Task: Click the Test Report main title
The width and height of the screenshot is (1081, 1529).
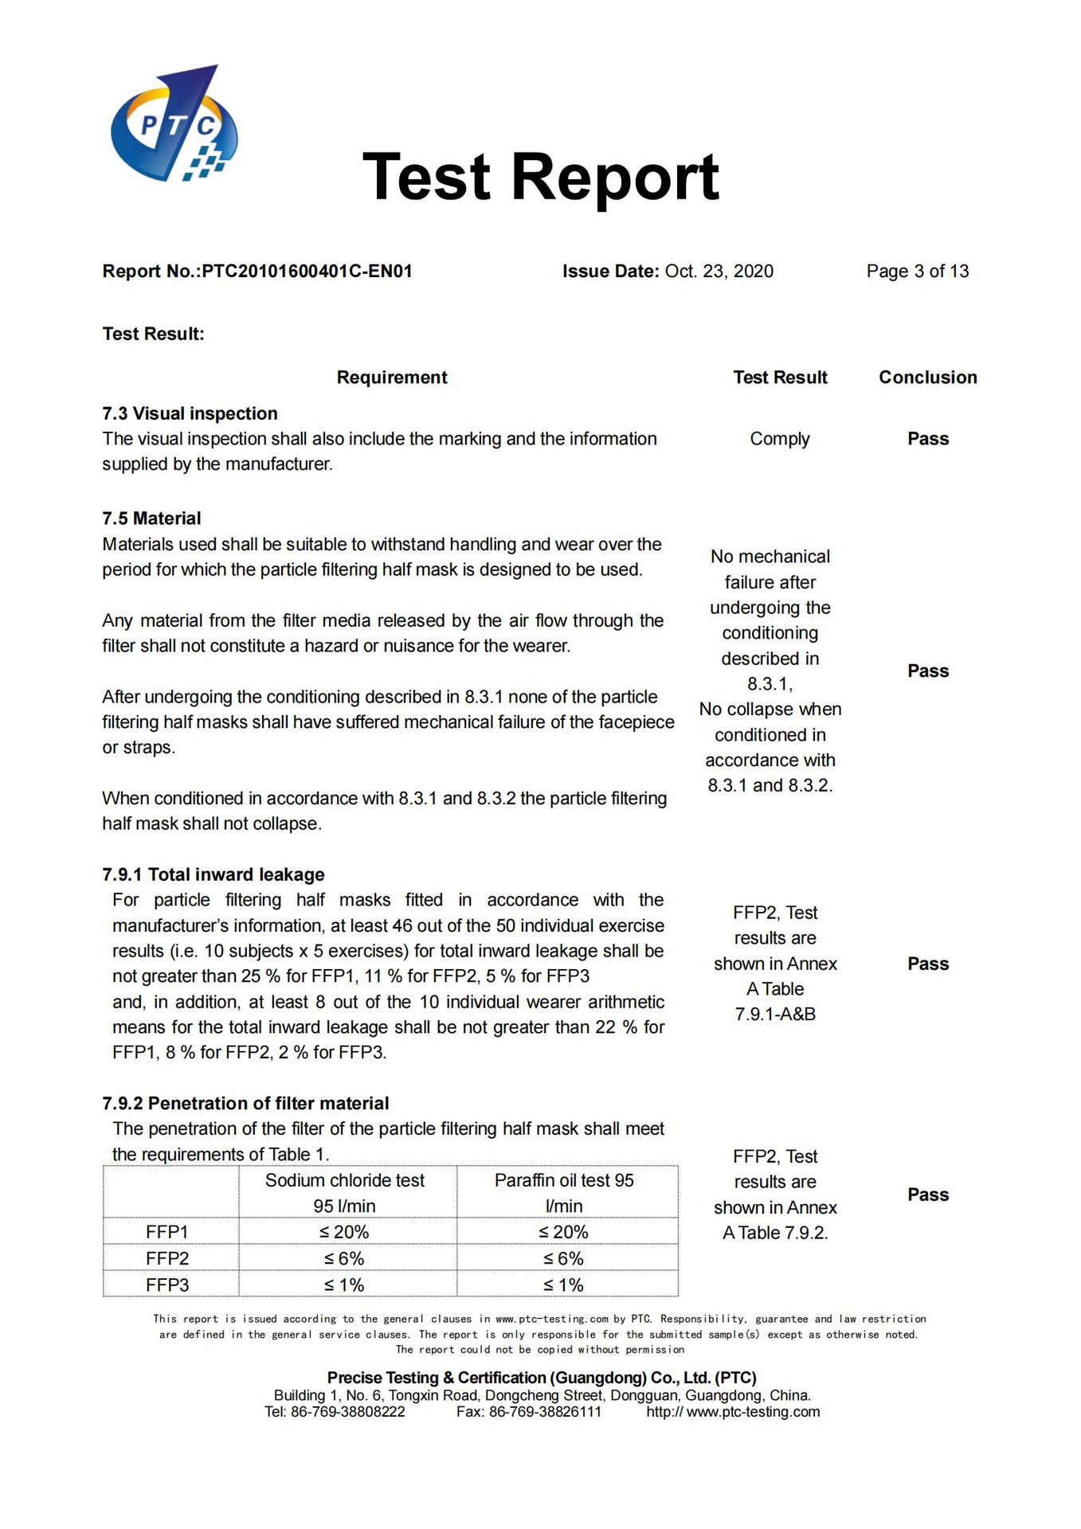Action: tap(540, 177)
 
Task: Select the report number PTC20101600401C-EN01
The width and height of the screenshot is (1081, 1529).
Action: tap(307, 272)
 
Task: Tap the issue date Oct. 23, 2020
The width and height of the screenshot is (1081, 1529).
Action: tap(719, 272)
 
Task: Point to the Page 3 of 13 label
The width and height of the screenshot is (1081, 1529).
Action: tap(917, 272)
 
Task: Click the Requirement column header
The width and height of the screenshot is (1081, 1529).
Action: tap(392, 377)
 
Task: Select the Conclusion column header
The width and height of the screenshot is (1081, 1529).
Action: tap(927, 377)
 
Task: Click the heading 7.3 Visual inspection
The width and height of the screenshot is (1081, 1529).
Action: tap(190, 413)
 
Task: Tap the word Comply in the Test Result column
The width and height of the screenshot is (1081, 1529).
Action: tap(779, 439)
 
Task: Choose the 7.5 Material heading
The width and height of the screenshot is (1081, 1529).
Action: tap(151, 518)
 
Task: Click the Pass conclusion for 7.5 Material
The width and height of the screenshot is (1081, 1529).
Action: tap(928, 671)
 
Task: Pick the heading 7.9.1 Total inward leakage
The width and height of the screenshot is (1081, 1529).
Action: tap(213, 874)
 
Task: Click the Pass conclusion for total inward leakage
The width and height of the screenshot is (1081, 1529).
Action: tap(928, 964)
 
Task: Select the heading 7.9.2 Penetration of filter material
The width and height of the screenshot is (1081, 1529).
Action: tap(245, 1103)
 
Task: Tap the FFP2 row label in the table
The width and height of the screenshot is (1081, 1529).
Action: tap(167, 1258)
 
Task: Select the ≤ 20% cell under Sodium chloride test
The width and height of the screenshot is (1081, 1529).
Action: tap(344, 1232)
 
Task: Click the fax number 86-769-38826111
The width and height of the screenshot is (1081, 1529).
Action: tap(545, 1412)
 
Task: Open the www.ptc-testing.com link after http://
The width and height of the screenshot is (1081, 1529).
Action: tap(753, 1412)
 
